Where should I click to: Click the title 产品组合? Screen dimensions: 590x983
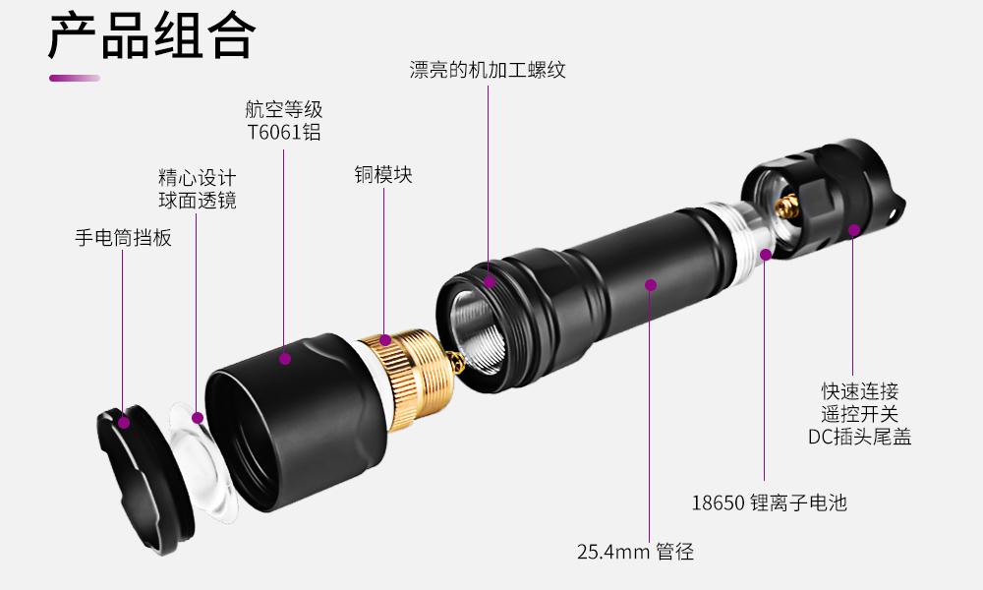tap(151, 36)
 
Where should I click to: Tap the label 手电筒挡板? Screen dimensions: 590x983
tap(123, 237)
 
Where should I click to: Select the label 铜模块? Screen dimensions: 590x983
tap(383, 175)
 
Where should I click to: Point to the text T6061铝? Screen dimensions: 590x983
tap(284, 133)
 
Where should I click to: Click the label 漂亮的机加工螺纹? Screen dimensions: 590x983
tap(488, 70)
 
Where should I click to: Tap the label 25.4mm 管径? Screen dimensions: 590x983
tap(635, 552)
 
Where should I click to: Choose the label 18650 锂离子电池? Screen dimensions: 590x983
tap(769, 503)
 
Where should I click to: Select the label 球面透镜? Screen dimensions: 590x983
tap(198, 201)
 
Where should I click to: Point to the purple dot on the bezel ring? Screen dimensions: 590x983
tap(124, 422)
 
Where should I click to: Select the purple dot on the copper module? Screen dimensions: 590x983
tap(384, 341)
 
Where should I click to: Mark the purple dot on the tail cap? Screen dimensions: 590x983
tap(854, 230)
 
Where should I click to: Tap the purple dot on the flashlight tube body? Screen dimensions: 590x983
tap(650, 285)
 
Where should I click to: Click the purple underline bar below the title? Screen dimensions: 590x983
tap(75, 78)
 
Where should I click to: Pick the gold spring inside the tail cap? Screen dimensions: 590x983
tap(786, 205)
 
